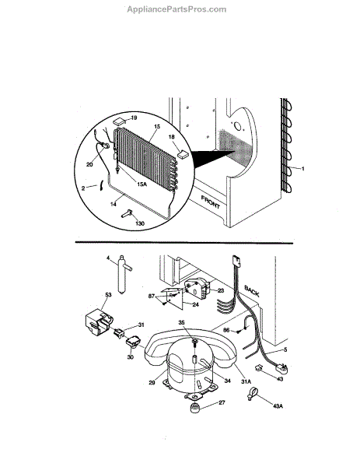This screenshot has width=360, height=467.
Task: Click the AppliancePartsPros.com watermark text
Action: (177, 9)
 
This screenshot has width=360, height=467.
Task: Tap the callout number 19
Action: (134, 118)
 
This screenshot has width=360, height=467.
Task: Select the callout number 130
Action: (140, 223)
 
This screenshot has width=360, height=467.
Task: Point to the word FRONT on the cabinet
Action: (211, 202)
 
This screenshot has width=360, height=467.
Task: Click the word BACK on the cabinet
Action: (252, 291)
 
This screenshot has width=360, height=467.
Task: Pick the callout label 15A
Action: (142, 184)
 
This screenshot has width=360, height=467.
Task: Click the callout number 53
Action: (108, 295)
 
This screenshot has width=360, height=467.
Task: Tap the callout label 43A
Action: (278, 406)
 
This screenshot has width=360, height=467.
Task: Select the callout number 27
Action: (222, 402)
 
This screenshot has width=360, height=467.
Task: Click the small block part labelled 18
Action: (183, 155)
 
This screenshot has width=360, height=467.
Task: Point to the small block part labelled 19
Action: (119, 121)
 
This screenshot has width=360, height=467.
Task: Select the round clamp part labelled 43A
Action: (252, 393)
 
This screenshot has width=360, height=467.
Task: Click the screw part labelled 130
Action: (127, 213)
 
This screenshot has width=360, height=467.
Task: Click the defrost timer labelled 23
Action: (196, 287)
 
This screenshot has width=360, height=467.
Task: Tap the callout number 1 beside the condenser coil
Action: (303, 169)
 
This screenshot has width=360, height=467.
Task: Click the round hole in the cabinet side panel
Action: (238, 127)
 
